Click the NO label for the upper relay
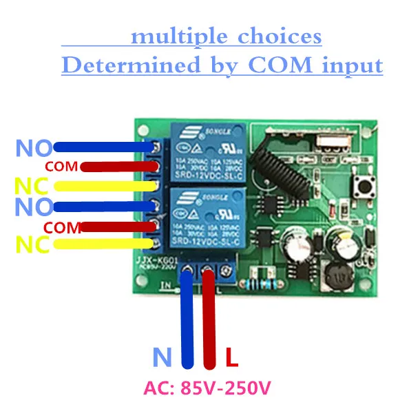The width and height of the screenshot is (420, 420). tap(33, 147)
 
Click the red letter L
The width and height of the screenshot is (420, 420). tap(232, 358)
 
